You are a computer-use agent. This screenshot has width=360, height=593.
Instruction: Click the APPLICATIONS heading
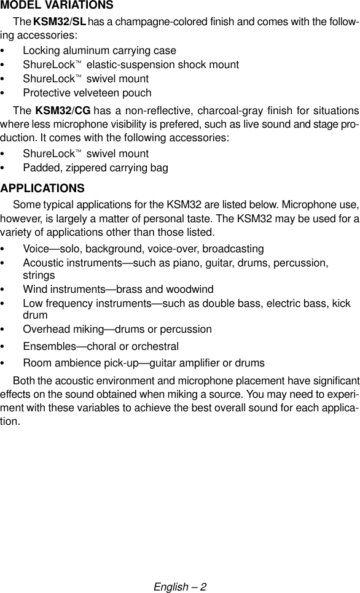(42, 187)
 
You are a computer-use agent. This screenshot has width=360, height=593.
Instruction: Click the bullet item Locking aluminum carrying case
(99, 50)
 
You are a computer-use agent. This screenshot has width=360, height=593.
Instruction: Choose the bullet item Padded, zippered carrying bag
(95, 168)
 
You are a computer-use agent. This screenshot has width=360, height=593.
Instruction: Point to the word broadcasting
(236, 249)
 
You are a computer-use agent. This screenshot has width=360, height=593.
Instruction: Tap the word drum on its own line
(35, 315)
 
